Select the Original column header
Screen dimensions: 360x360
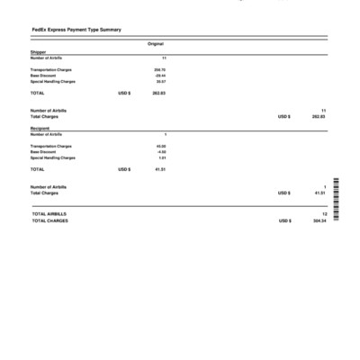pos(155,43)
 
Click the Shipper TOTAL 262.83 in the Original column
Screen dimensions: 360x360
pos(158,93)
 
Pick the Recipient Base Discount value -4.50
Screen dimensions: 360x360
pos(160,151)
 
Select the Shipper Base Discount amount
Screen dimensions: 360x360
pos(159,76)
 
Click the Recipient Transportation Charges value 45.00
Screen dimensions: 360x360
pos(160,146)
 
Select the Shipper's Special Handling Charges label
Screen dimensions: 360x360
pos(52,81)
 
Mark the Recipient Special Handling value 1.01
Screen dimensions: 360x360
pos(162,157)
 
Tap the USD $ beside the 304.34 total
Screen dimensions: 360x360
pos(284,220)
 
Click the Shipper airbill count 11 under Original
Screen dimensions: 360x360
pos(163,58)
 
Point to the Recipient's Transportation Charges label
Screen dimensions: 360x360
pos(51,146)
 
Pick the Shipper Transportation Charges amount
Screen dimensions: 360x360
pos(159,69)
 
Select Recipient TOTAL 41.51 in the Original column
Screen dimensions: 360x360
pos(159,169)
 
